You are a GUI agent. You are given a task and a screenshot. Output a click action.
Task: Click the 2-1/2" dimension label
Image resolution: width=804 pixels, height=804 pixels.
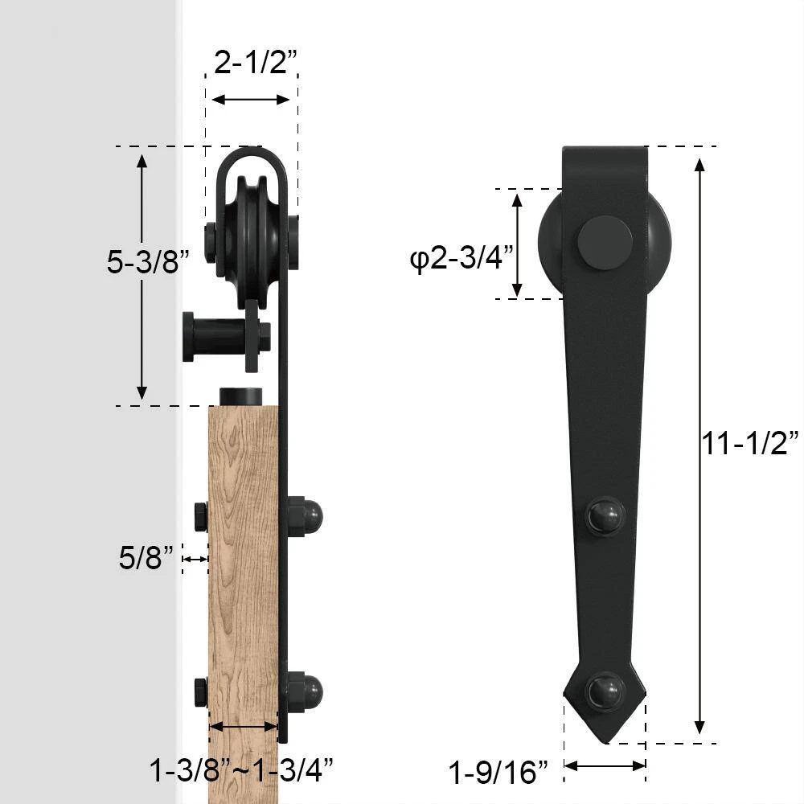[x=256, y=62]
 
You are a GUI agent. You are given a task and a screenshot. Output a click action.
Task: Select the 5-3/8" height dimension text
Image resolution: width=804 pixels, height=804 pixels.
[x=148, y=261]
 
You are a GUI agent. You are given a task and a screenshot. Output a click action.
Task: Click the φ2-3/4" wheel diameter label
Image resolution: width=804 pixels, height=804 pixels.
[x=461, y=258]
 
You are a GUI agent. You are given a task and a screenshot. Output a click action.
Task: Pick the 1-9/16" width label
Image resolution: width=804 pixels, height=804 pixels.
[x=498, y=772]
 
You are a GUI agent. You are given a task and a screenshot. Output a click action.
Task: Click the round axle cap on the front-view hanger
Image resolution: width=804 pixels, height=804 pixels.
[x=605, y=243]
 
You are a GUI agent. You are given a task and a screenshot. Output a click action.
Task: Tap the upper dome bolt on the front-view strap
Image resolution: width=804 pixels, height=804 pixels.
[x=606, y=516]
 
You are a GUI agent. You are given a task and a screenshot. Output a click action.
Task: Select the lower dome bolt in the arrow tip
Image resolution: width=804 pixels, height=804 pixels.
[x=606, y=691]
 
